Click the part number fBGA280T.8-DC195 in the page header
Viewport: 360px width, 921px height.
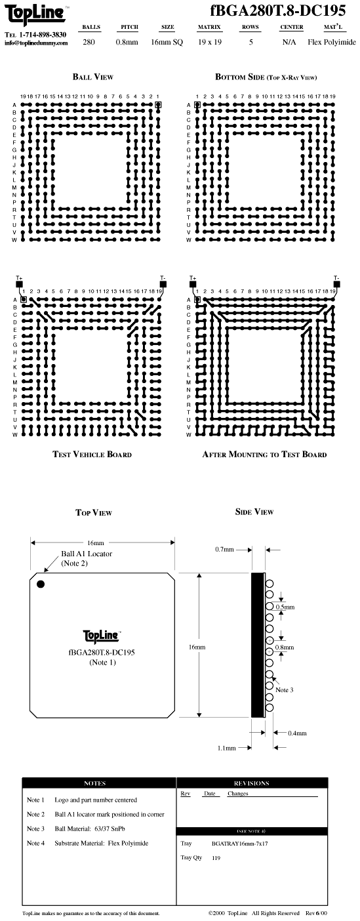pos(278,10)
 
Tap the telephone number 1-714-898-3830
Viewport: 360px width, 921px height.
pos(43,35)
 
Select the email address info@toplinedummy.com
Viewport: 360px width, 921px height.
pos(36,43)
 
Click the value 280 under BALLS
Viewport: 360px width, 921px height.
pos(89,42)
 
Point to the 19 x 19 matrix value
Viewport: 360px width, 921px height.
pos(210,42)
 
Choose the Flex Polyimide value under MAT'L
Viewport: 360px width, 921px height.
pos(332,42)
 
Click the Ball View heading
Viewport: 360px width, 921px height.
pos(93,77)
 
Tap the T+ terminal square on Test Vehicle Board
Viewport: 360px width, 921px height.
pos(19,283)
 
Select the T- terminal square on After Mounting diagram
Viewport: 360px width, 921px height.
pos(337,283)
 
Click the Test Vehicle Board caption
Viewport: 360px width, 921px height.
pos(92,455)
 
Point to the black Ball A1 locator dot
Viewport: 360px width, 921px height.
pos(41,584)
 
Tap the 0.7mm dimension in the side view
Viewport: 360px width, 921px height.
pos(224,549)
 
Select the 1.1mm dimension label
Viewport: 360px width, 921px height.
pos(227,748)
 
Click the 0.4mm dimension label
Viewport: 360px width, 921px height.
pos(297,733)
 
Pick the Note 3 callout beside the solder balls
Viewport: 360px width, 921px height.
pos(285,690)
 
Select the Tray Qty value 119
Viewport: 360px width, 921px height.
pos(216,857)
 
